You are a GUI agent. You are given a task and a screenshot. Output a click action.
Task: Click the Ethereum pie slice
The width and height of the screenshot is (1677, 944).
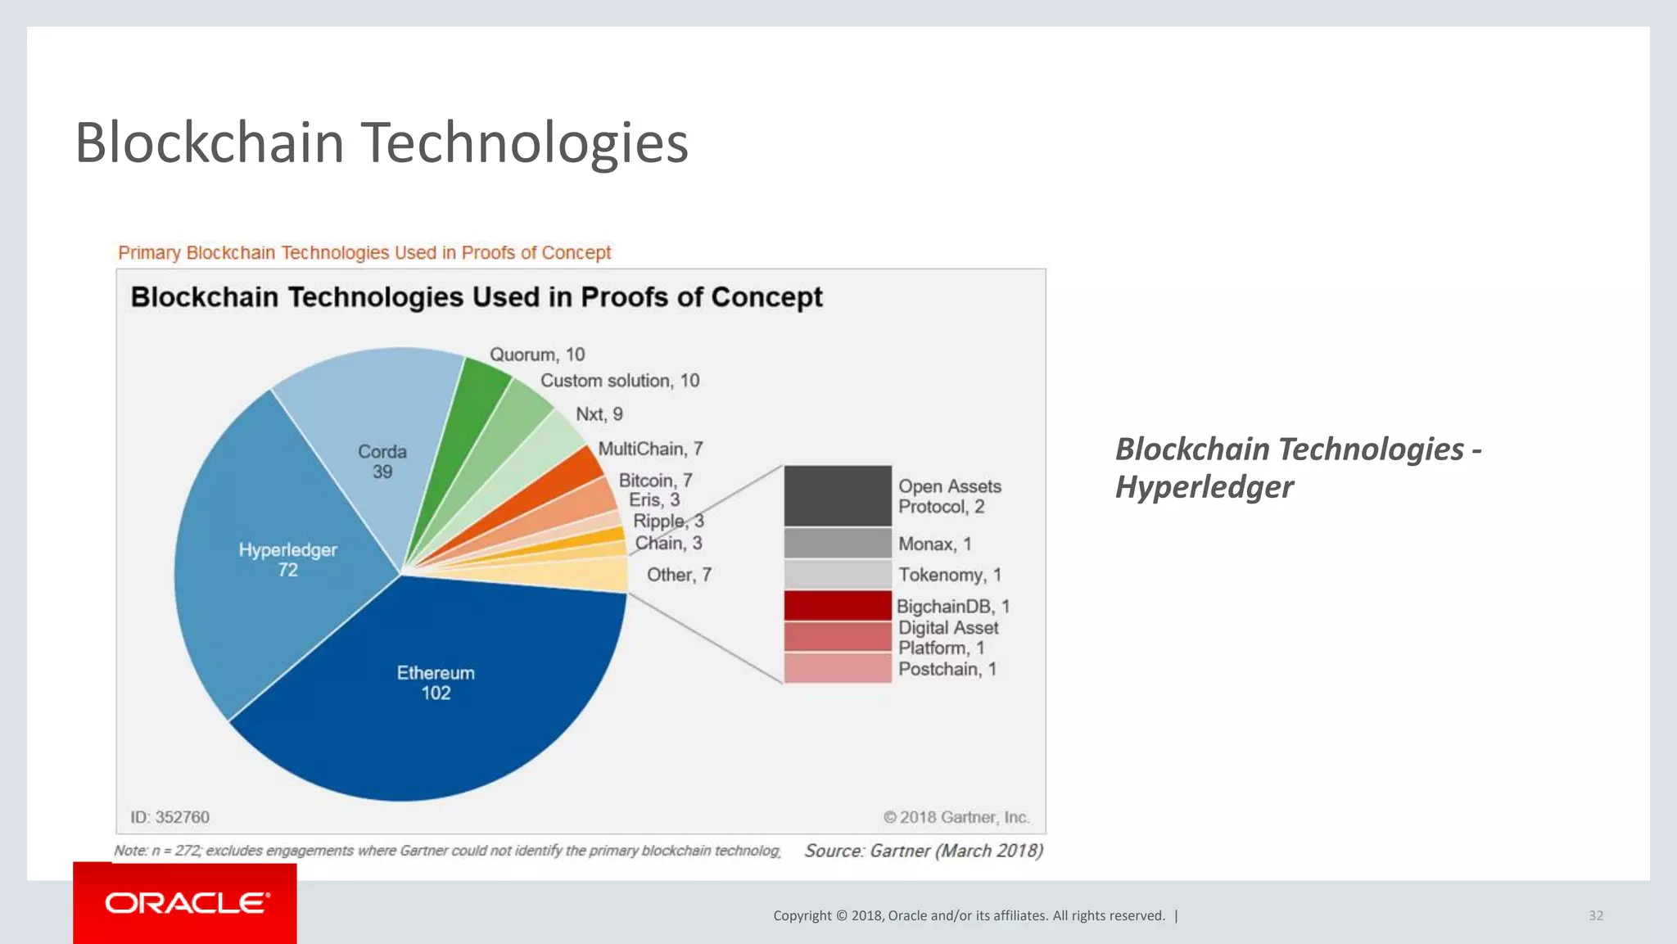coord(436,704)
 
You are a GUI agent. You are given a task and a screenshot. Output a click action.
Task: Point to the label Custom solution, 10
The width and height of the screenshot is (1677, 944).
coord(620,381)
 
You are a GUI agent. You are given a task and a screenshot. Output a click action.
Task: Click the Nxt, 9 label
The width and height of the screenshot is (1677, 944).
coord(599,414)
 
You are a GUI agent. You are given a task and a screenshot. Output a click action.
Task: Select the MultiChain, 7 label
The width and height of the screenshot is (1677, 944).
coord(650,449)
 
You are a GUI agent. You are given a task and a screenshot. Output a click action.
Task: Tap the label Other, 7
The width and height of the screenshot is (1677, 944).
coord(679,575)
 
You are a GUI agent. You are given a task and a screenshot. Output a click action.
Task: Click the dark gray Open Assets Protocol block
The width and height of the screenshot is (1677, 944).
coord(837,495)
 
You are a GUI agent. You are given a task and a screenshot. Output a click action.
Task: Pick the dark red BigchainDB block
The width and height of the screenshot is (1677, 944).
coord(837,605)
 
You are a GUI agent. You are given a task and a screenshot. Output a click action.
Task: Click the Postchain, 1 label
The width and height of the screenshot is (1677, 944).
coord(947,669)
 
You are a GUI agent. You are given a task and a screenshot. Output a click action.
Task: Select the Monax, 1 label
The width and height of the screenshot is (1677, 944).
coord(934,544)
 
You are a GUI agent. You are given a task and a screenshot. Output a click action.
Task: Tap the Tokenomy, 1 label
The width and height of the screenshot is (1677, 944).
coord(950,575)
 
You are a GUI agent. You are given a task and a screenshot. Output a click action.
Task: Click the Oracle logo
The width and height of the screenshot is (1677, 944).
coord(185,903)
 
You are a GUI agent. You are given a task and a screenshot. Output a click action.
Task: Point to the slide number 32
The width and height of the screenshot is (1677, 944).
coord(1595,915)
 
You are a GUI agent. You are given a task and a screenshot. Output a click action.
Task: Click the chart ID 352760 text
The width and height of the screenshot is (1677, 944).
coord(170,817)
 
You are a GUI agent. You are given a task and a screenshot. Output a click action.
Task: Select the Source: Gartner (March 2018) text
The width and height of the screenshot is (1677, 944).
coord(923,851)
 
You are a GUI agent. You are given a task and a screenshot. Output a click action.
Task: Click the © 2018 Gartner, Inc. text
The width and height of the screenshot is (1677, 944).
coord(956,817)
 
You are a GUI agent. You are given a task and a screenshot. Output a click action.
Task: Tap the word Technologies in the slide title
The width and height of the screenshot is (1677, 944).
coord(524,142)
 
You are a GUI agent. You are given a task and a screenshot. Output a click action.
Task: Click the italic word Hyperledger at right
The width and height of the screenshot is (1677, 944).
coord(1204,487)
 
